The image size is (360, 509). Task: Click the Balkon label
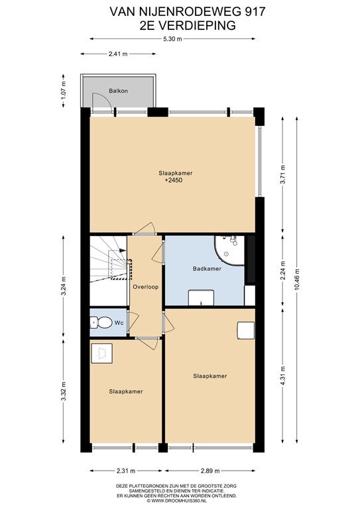coord(118,91)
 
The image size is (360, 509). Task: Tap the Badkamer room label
coord(207,268)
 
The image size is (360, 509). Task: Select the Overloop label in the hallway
coord(146,287)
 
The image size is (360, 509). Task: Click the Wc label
coord(118,323)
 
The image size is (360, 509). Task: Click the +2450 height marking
coord(173,180)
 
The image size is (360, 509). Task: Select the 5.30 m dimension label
coord(172,39)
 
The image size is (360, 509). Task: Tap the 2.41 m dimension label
coord(118,54)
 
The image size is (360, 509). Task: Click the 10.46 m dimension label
coord(297,280)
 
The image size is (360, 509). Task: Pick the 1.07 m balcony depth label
coord(64,90)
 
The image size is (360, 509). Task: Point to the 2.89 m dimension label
coord(210,471)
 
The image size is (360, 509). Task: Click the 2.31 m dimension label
coord(125,471)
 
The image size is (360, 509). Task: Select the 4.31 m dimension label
coord(282,376)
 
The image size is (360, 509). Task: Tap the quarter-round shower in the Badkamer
coord(229,250)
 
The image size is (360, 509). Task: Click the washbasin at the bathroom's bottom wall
coord(202,298)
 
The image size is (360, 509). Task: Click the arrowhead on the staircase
coord(123,251)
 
